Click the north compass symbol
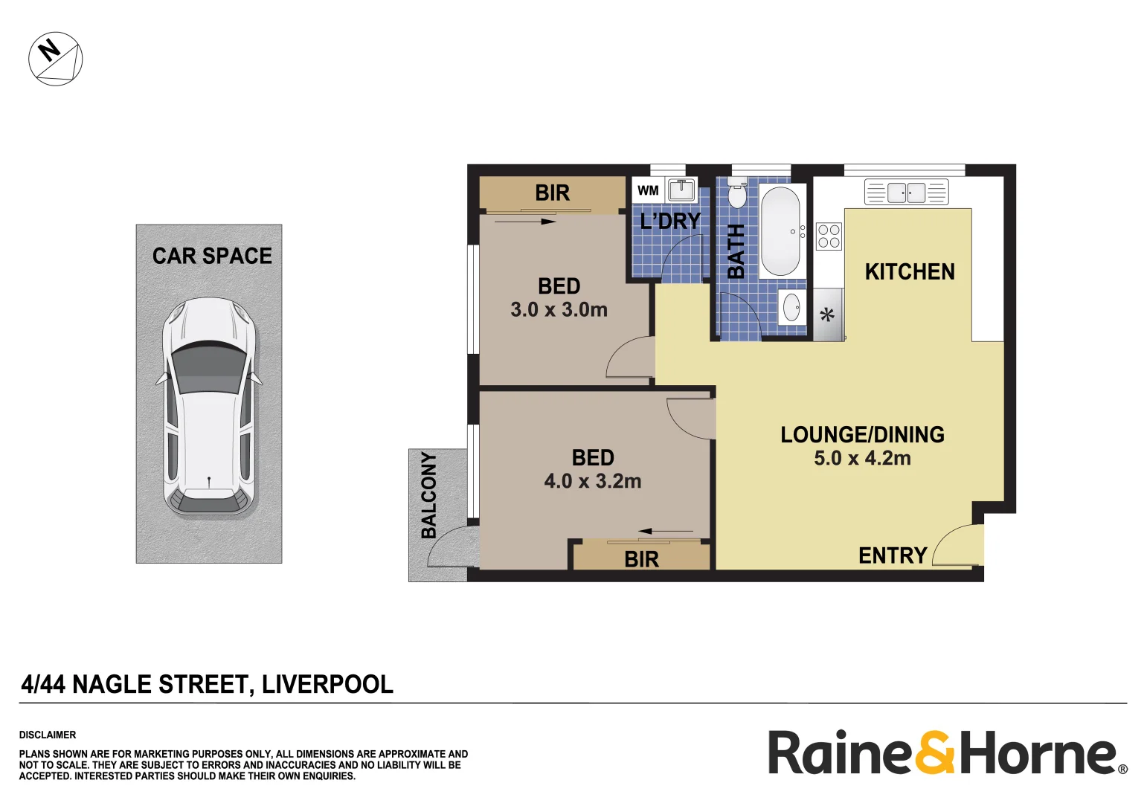click(x=56, y=59)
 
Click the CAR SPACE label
click(x=212, y=256)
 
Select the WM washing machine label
click(x=648, y=190)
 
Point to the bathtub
click(x=780, y=230)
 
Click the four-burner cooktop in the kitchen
click(x=829, y=236)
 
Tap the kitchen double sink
click(x=906, y=192)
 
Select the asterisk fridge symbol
click(x=827, y=316)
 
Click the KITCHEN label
click(x=910, y=272)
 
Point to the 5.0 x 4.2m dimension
click(x=862, y=458)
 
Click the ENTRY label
click(x=893, y=555)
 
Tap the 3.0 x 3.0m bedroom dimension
click(x=559, y=309)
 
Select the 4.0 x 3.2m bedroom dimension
click(x=593, y=481)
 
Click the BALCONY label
click(x=429, y=494)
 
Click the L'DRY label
click(x=670, y=221)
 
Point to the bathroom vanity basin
click(x=791, y=307)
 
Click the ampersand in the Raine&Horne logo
click(x=935, y=752)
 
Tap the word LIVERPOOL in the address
click(x=327, y=684)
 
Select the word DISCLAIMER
click(x=48, y=735)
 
